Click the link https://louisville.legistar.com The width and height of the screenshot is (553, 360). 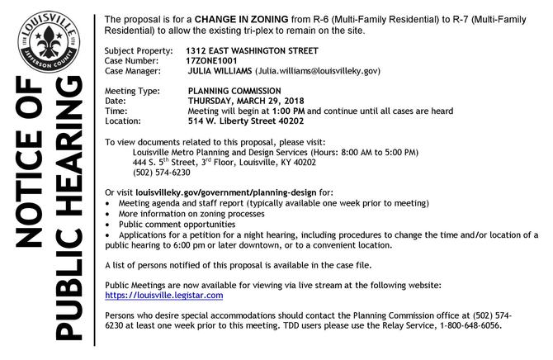point(165,295)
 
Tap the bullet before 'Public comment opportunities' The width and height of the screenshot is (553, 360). point(110,224)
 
